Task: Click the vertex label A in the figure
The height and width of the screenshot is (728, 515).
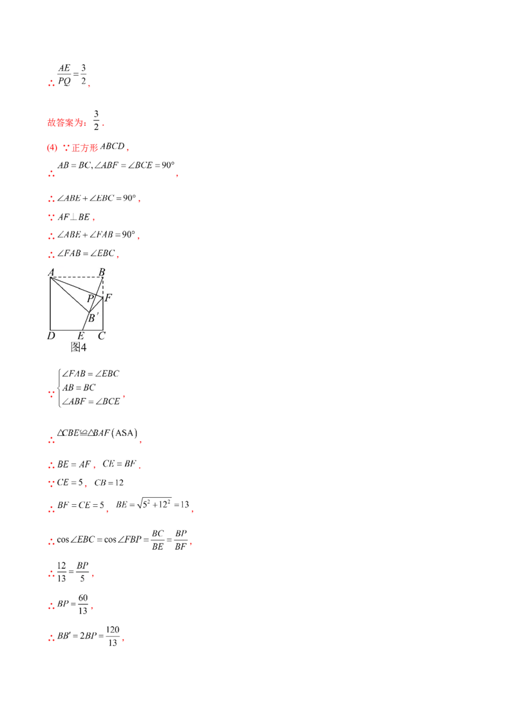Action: tap(50, 271)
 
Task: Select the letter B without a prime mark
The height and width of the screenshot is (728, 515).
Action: tap(102, 271)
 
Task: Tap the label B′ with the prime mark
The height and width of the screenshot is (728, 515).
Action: tap(93, 318)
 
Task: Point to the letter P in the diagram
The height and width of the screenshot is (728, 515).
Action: tap(90, 298)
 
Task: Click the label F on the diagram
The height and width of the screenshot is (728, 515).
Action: tap(108, 298)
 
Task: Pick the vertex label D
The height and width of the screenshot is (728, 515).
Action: tap(50, 336)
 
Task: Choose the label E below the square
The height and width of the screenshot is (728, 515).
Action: tap(80, 336)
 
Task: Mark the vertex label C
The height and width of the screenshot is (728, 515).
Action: tap(102, 336)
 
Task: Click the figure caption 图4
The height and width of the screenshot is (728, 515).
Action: tap(78, 347)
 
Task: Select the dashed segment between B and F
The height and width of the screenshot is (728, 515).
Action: tap(103, 287)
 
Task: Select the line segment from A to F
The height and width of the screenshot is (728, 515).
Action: tap(77, 287)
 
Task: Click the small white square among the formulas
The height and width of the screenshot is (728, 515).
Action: tap(90, 599)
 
